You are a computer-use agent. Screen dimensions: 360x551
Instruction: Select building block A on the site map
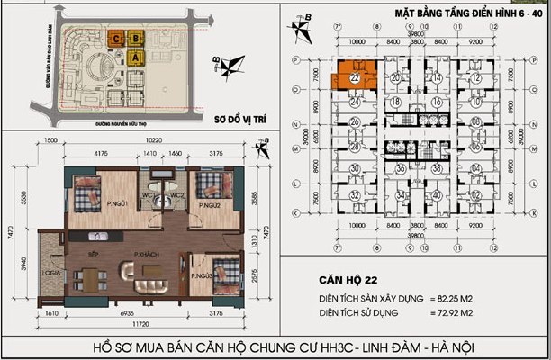click(x=136, y=56)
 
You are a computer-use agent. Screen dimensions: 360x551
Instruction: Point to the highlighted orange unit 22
click(x=353, y=79)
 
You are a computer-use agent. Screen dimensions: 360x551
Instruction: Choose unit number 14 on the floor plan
click(x=436, y=78)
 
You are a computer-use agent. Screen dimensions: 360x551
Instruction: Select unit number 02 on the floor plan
click(x=474, y=193)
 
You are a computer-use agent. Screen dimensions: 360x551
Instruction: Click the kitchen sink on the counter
click(x=94, y=236)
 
